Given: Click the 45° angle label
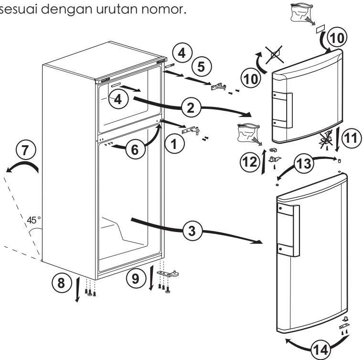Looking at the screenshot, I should (x=34, y=222).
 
